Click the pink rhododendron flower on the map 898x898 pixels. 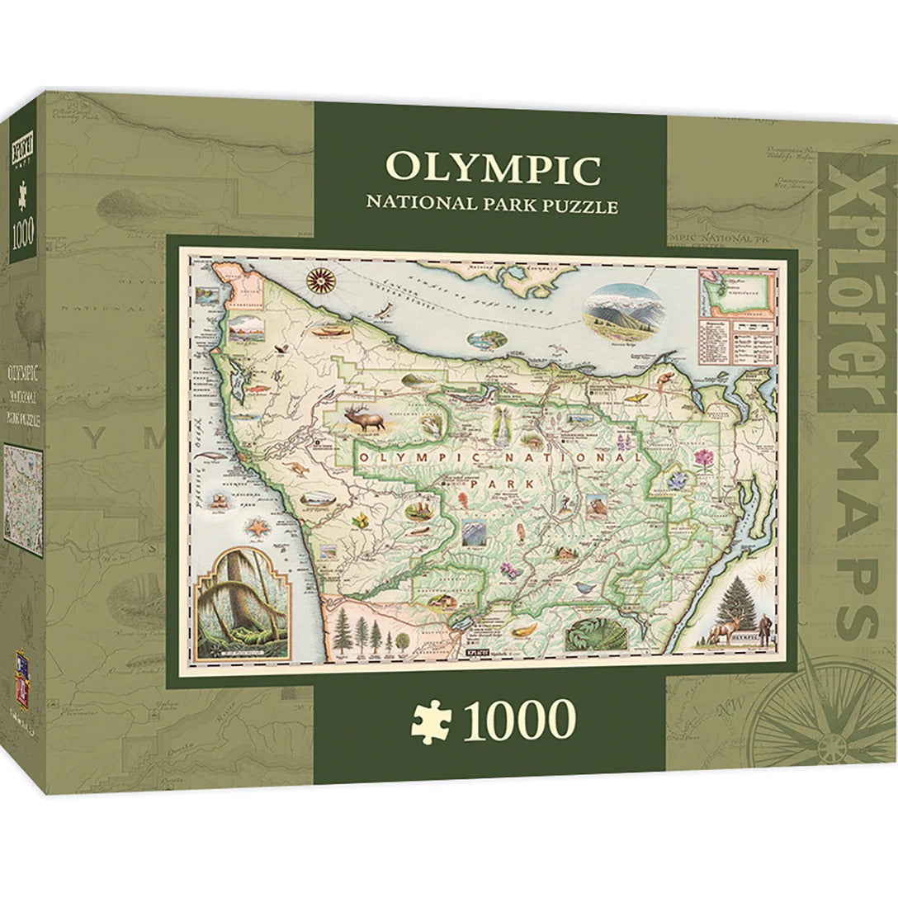pyautogui.click(x=702, y=458)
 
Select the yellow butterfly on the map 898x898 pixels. pyautogui.click(x=636, y=398)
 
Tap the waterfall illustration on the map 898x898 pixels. pyautogui.click(x=501, y=429)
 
